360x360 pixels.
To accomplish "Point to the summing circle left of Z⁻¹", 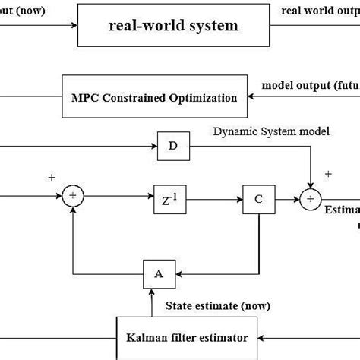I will coord(72,197).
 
